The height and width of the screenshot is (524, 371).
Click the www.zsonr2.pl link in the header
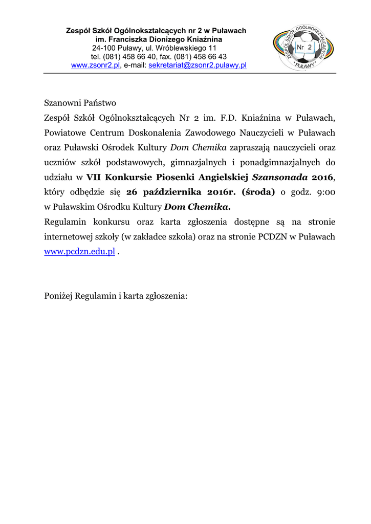(x=95, y=65)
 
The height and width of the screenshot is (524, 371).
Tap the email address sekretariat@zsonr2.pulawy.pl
(x=198, y=65)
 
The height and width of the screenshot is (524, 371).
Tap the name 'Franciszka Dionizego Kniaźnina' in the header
(x=164, y=39)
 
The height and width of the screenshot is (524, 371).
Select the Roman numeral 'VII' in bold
(x=94, y=177)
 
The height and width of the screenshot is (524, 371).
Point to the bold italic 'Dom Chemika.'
(x=197, y=207)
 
